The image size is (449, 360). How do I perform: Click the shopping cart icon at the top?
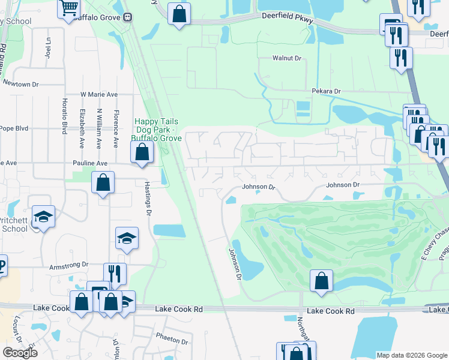70,8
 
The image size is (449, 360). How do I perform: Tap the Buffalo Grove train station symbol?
127,17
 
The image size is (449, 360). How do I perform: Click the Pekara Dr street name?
326,91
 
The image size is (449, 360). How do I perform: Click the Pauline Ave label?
89,163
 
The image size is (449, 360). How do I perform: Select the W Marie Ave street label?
99,94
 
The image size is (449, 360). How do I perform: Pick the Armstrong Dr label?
69,264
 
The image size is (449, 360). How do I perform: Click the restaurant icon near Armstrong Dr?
115,274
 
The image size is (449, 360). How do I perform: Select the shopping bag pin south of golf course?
322,280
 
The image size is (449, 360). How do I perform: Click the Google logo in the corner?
20,353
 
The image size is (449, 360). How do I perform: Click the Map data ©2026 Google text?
412,355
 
